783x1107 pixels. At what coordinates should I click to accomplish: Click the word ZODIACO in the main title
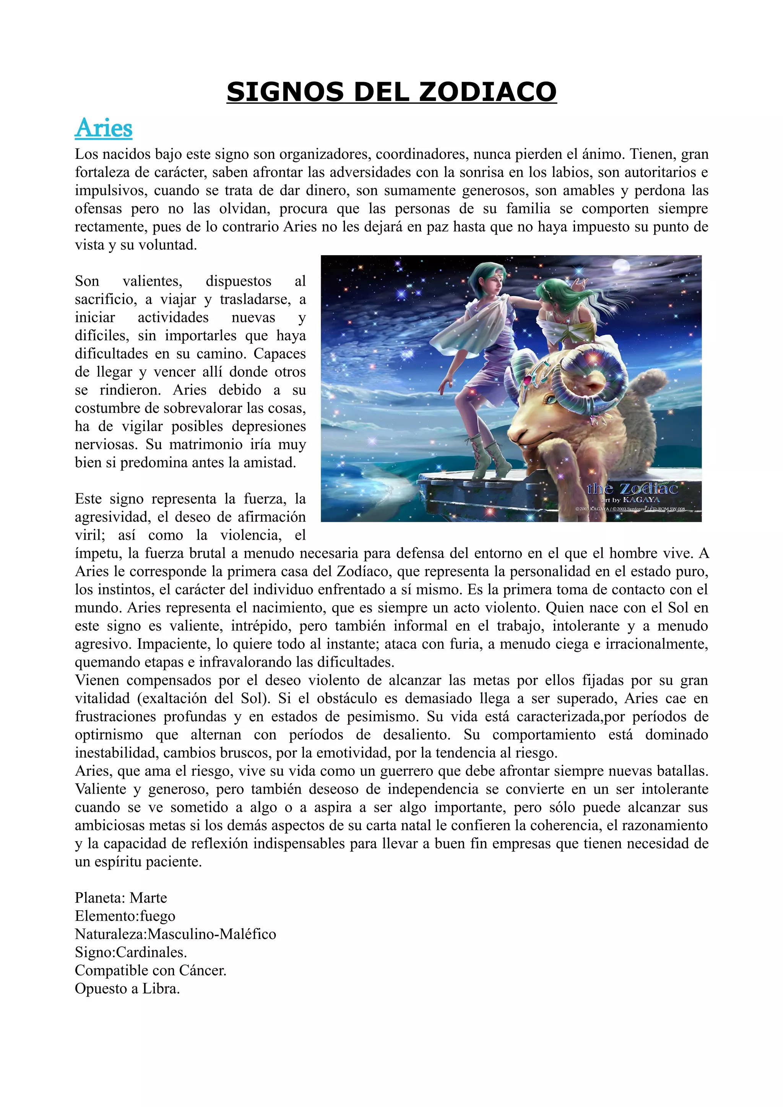[x=488, y=92]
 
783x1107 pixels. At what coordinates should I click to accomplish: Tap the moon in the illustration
[x=621, y=267]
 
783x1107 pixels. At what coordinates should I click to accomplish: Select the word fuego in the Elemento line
[x=158, y=916]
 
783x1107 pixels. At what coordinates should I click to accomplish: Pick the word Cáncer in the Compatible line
[x=203, y=970]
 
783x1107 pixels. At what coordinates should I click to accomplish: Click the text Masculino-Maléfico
[x=212, y=934]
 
